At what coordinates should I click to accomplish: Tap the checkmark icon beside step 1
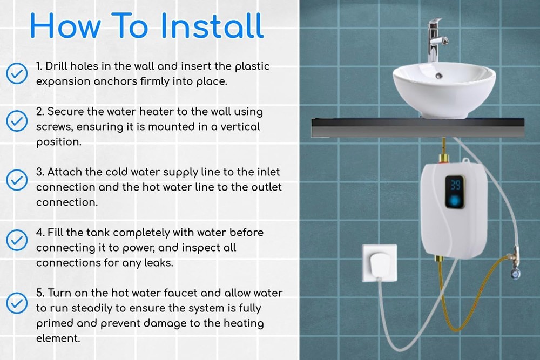pyautogui.click(x=17, y=73)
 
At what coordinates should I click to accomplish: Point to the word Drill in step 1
pyautogui.click(x=56, y=66)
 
